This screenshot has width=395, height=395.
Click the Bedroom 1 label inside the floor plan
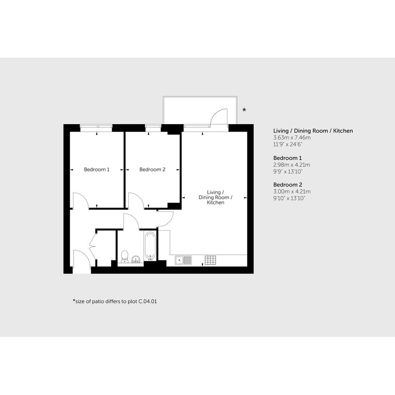coord(97,170)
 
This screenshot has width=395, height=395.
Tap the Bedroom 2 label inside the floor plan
coord(153,170)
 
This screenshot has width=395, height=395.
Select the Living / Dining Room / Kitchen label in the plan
coord(215,197)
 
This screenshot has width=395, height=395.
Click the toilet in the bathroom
coord(125,257)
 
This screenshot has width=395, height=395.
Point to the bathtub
coord(150,246)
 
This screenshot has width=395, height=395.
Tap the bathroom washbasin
coord(136,259)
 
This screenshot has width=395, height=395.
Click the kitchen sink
coord(183,260)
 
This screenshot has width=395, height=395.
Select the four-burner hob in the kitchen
coord(210,260)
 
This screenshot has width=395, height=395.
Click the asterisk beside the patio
coord(244,110)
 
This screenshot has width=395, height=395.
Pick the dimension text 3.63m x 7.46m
coord(292,138)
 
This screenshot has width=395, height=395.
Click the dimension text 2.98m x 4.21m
coord(292,165)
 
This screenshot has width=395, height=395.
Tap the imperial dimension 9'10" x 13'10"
coord(289,198)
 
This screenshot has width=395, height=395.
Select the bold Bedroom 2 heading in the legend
coord(288,185)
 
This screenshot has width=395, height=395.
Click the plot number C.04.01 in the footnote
coord(148,301)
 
